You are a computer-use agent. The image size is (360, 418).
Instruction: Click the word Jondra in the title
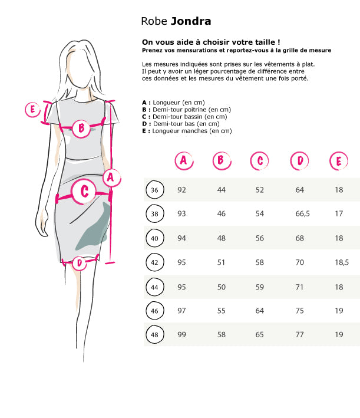(x=191, y=21)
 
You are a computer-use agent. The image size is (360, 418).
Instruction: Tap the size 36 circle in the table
(x=154, y=190)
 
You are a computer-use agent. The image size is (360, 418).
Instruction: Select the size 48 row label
(x=154, y=334)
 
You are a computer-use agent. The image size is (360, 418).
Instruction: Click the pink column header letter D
(x=299, y=161)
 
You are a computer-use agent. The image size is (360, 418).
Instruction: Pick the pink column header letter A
(x=184, y=161)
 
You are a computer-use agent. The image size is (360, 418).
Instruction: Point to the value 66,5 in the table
(x=302, y=214)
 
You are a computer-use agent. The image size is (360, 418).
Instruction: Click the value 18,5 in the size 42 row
(x=342, y=262)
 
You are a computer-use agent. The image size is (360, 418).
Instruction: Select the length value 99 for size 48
(x=181, y=334)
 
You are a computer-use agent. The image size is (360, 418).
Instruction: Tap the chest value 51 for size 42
(x=221, y=262)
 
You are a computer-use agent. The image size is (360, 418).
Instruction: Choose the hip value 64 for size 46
(x=259, y=311)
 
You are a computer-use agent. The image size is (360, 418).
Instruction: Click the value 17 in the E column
(x=339, y=214)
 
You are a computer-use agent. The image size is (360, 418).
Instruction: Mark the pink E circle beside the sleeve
(x=32, y=109)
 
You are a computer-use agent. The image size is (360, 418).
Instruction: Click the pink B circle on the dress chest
(x=81, y=129)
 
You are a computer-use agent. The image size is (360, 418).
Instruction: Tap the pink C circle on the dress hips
(x=84, y=192)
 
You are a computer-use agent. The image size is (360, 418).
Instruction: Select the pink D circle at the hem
(x=80, y=264)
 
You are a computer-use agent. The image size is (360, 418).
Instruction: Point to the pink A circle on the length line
(x=111, y=177)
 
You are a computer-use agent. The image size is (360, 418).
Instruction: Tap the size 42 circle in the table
(x=154, y=262)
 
